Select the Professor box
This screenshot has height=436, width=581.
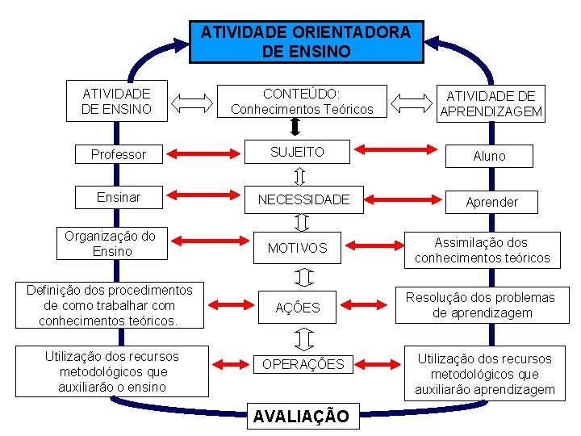(119, 154)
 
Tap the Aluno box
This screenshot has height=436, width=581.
(489, 156)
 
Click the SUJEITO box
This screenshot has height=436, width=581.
(297, 152)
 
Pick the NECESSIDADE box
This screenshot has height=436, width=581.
(303, 199)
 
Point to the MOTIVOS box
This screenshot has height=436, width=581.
(298, 248)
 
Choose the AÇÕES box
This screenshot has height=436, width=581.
(298, 308)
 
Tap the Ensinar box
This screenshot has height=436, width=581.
(119, 197)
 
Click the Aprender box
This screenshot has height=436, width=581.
(492, 202)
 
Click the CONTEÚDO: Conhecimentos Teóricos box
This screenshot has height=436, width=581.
(302, 101)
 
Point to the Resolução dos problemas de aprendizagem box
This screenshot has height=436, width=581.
(480, 305)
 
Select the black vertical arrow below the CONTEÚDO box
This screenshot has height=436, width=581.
(295, 128)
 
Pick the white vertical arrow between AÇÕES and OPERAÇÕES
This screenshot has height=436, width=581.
(303, 337)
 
